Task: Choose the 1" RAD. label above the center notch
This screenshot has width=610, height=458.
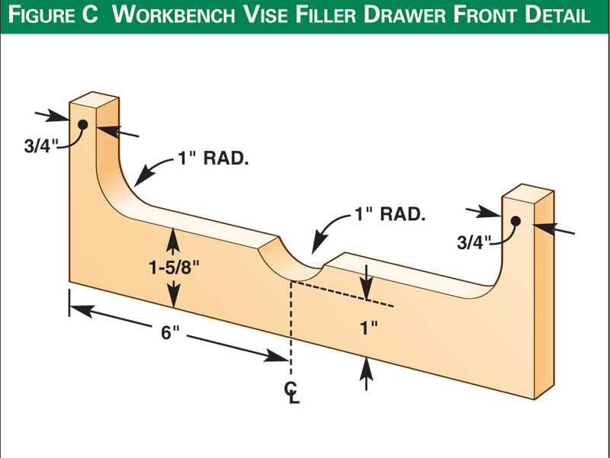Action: click(389, 214)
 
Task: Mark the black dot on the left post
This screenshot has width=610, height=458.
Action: click(82, 124)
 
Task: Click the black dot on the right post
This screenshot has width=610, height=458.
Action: click(515, 221)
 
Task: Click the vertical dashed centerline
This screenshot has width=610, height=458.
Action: click(291, 320)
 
